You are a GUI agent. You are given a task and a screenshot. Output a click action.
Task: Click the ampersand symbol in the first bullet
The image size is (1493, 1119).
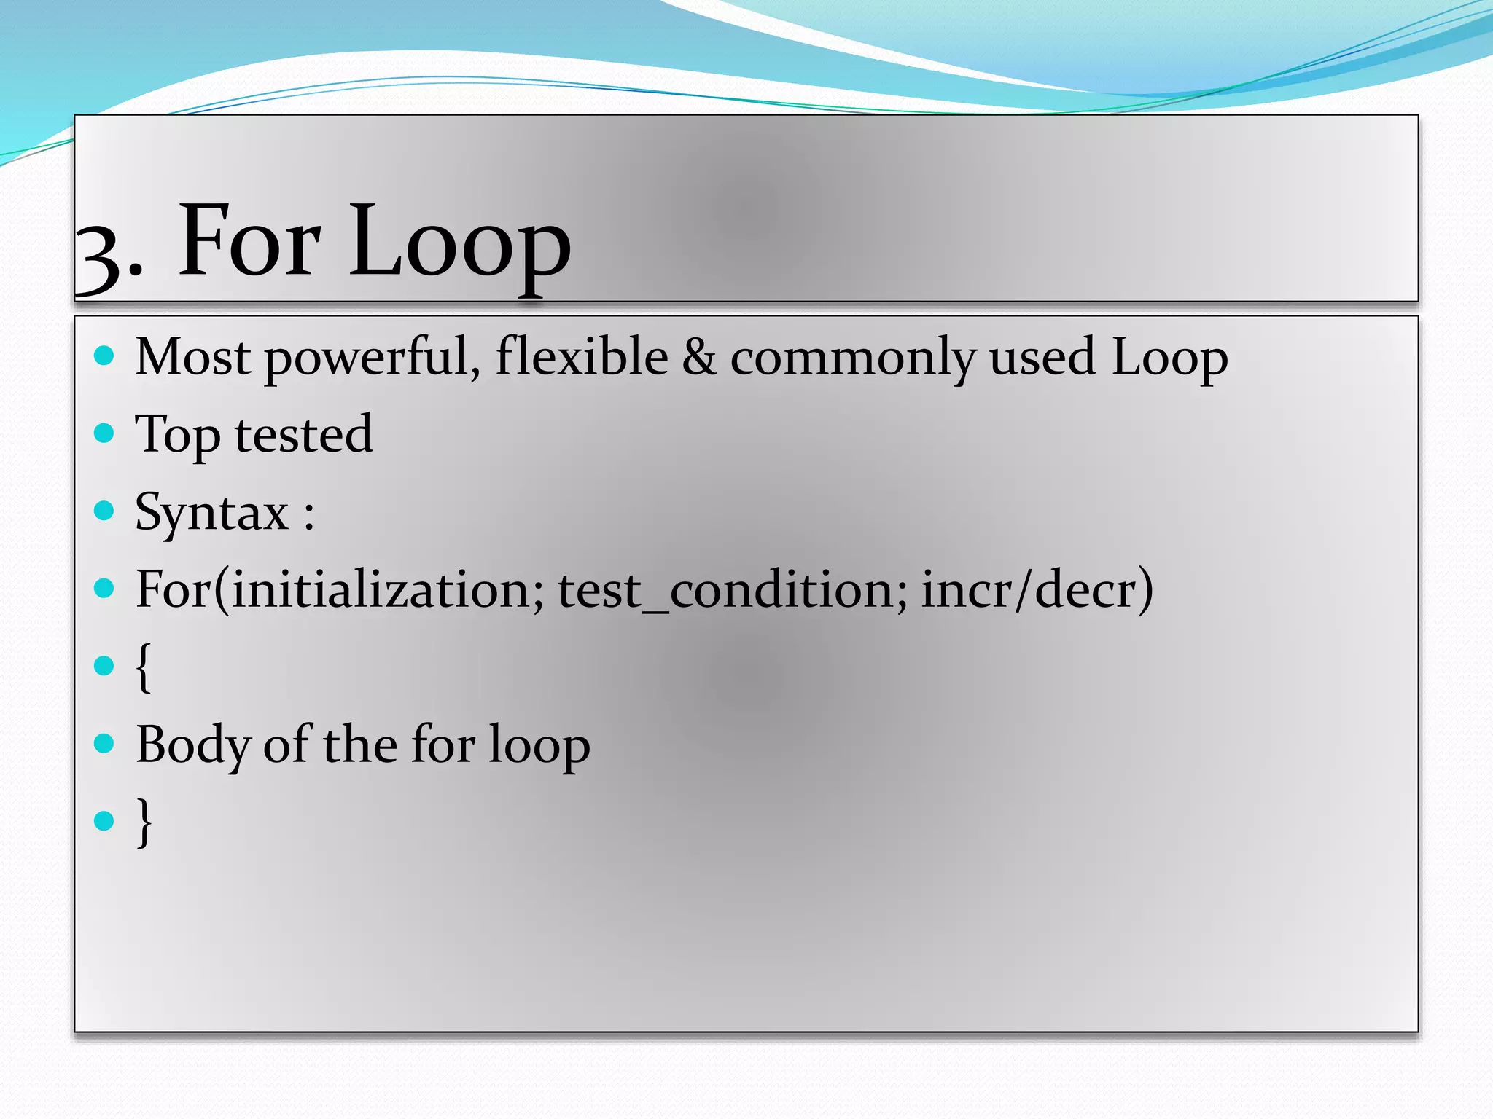(698, 357)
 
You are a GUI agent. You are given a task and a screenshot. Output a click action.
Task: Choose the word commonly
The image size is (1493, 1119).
(852, 358)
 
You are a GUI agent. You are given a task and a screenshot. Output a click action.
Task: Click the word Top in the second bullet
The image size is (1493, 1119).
(177, 436)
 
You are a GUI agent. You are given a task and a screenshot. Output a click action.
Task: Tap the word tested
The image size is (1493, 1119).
(303, 434)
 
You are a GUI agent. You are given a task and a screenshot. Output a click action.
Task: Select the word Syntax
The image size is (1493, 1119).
(212, 514)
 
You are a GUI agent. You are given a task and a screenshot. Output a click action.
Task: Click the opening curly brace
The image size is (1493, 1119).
(144, 667)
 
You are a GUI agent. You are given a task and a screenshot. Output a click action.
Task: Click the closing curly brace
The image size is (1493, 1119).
(144, 822)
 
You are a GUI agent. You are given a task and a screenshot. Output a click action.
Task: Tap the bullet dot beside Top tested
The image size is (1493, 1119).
(104, 433)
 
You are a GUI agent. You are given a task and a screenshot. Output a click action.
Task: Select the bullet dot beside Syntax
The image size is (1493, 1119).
(104, 511)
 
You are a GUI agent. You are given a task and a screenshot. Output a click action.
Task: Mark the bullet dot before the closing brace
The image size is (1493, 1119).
(104, 821)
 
